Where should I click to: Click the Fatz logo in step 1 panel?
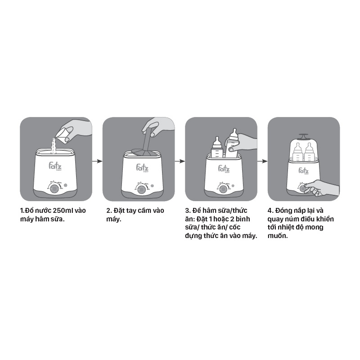tap(55, 166)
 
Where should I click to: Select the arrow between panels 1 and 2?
tap(97, 161)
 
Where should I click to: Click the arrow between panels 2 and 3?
tap(180, 161)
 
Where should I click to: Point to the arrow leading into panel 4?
tap(262, 161)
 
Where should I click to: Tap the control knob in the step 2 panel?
tap(142, 189)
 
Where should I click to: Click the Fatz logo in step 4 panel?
tap(303, 171)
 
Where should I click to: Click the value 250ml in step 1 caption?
tap(63, 210)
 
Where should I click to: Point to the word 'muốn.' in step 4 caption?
tap(278, 235)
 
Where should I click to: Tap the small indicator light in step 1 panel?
tap(65, 185)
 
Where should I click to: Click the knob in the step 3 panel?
tap(222, 189)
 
